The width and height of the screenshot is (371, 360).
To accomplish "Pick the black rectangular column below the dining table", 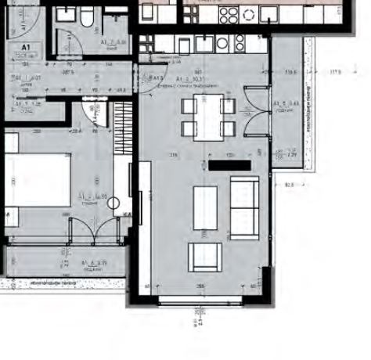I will [x=229, y=165].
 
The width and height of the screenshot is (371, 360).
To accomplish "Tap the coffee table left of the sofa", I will [x=205, y=207].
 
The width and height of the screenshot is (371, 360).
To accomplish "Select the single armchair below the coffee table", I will [x=204, y=255].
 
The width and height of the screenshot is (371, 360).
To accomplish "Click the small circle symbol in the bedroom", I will [x=115, y=206].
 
